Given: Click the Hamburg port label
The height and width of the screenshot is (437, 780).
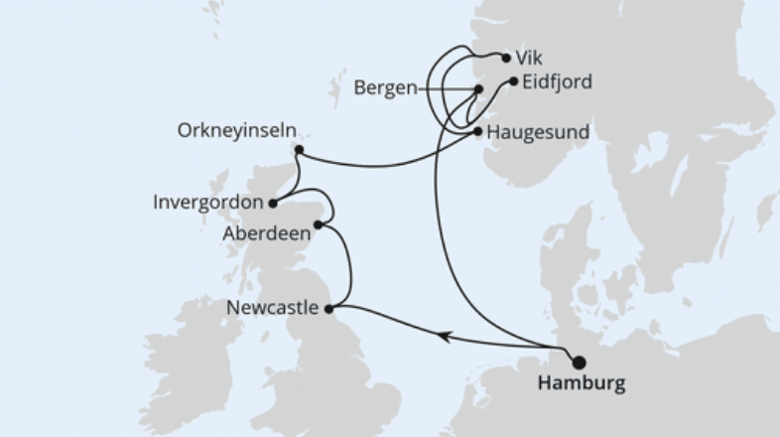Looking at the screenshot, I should pos(582,383).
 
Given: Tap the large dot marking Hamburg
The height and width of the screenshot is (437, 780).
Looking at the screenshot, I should pos(580,362).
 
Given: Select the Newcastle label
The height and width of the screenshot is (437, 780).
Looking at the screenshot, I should pos(273,308).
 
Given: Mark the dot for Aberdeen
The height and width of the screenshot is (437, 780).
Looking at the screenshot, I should pos(318,225).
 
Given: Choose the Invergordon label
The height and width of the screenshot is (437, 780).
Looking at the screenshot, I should pos(209,202).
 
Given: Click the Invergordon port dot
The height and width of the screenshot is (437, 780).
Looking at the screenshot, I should pos(272,203).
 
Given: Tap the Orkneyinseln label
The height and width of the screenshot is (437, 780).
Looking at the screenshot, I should pos(236,131).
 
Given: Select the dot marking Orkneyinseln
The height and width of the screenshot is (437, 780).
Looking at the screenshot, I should pos(299,151).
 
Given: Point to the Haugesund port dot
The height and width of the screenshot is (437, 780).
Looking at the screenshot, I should pos(478,130).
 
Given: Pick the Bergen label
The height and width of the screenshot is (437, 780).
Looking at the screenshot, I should pos(384,88).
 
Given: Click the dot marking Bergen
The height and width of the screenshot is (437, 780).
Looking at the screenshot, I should pos(478,89).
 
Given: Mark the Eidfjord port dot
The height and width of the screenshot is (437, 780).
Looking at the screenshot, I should pos(512,81).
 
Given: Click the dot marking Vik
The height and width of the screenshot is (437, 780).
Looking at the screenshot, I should pos(506,58).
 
